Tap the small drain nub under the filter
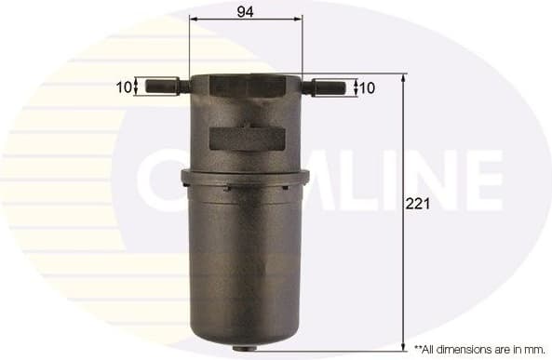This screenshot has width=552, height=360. click(245, 350)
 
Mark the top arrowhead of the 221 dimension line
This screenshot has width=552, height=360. click(403, 78)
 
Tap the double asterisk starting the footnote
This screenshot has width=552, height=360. click(418, 348)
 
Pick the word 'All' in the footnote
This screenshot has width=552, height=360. click(431, 349)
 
